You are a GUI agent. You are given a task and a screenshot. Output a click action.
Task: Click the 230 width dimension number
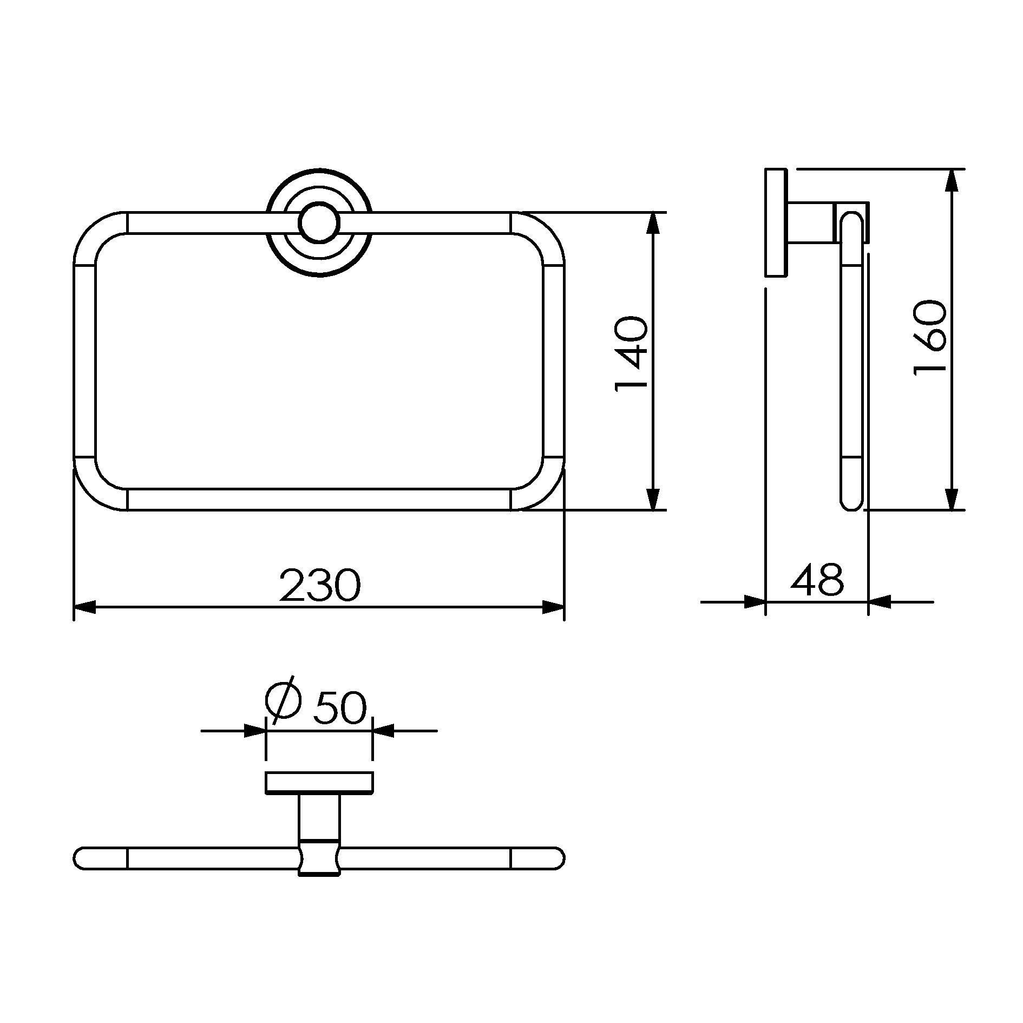(x=319, y=585)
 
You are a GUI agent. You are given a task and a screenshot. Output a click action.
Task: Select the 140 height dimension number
(x=631, y=353)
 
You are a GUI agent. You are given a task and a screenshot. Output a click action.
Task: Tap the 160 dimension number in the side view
(x=930, y=337)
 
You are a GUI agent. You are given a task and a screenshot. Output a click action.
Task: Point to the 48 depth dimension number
(x=817, y=580)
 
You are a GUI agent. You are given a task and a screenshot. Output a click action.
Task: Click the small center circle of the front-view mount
(x=319, y=223)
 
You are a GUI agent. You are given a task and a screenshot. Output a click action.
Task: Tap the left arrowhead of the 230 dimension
(x=84, y=607)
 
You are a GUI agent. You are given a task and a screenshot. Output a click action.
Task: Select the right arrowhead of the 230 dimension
(x=553, y=607)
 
